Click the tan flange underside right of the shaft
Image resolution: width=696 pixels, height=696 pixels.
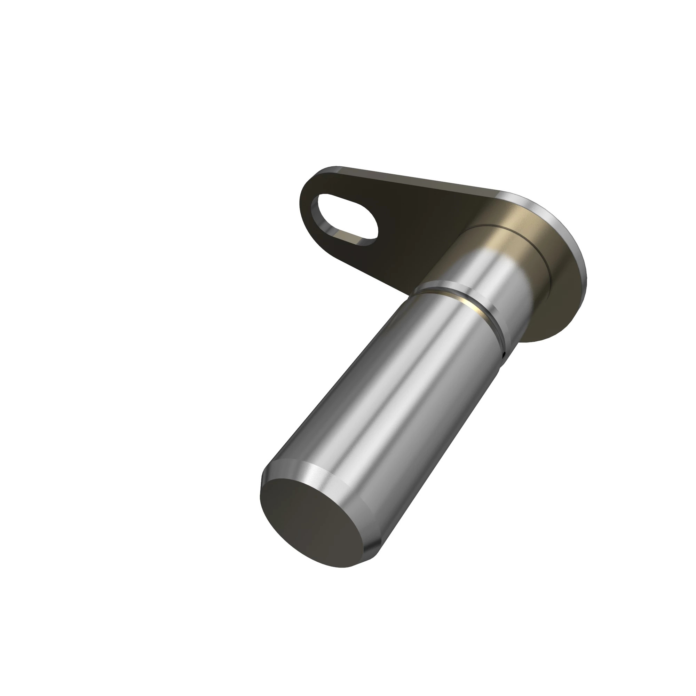(555, 306)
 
